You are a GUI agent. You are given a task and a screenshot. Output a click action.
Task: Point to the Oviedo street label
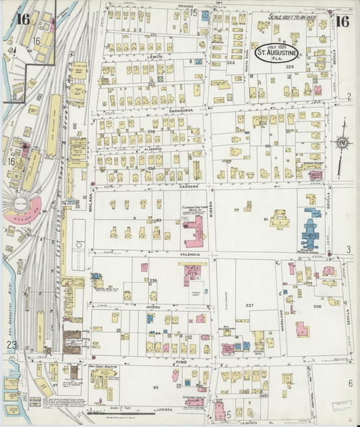pyautogui.click(x=154, y=306)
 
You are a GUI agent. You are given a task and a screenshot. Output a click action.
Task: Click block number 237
pyautogui.click(x=249, y=305)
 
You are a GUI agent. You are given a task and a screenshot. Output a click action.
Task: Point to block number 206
pyautogui.click(x=317, y=306)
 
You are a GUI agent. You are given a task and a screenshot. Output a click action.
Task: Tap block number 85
pyautogui.click(x=156, y=387)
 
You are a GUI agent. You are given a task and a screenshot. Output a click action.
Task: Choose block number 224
pyautogui.click(x=290, y=67)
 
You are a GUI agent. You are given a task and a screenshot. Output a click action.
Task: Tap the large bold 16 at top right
pyautogui.click(x=342, y=21)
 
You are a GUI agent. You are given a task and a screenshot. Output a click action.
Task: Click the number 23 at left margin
pyautogui.click(x=11, y=345)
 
